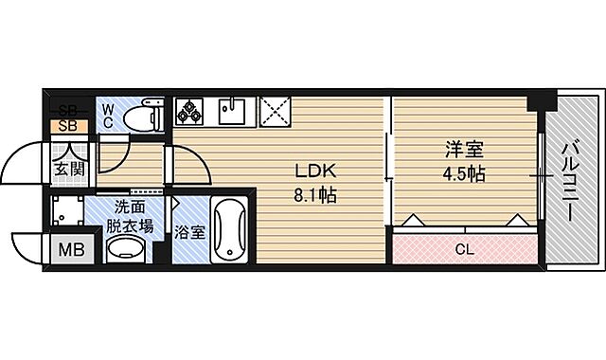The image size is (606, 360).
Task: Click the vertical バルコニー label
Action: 570,180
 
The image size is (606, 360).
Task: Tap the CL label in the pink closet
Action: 464,250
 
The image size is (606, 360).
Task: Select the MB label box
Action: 71,250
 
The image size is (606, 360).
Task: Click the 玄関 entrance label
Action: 68,168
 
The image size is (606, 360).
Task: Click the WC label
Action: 109,116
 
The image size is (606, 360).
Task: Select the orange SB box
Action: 68,124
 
